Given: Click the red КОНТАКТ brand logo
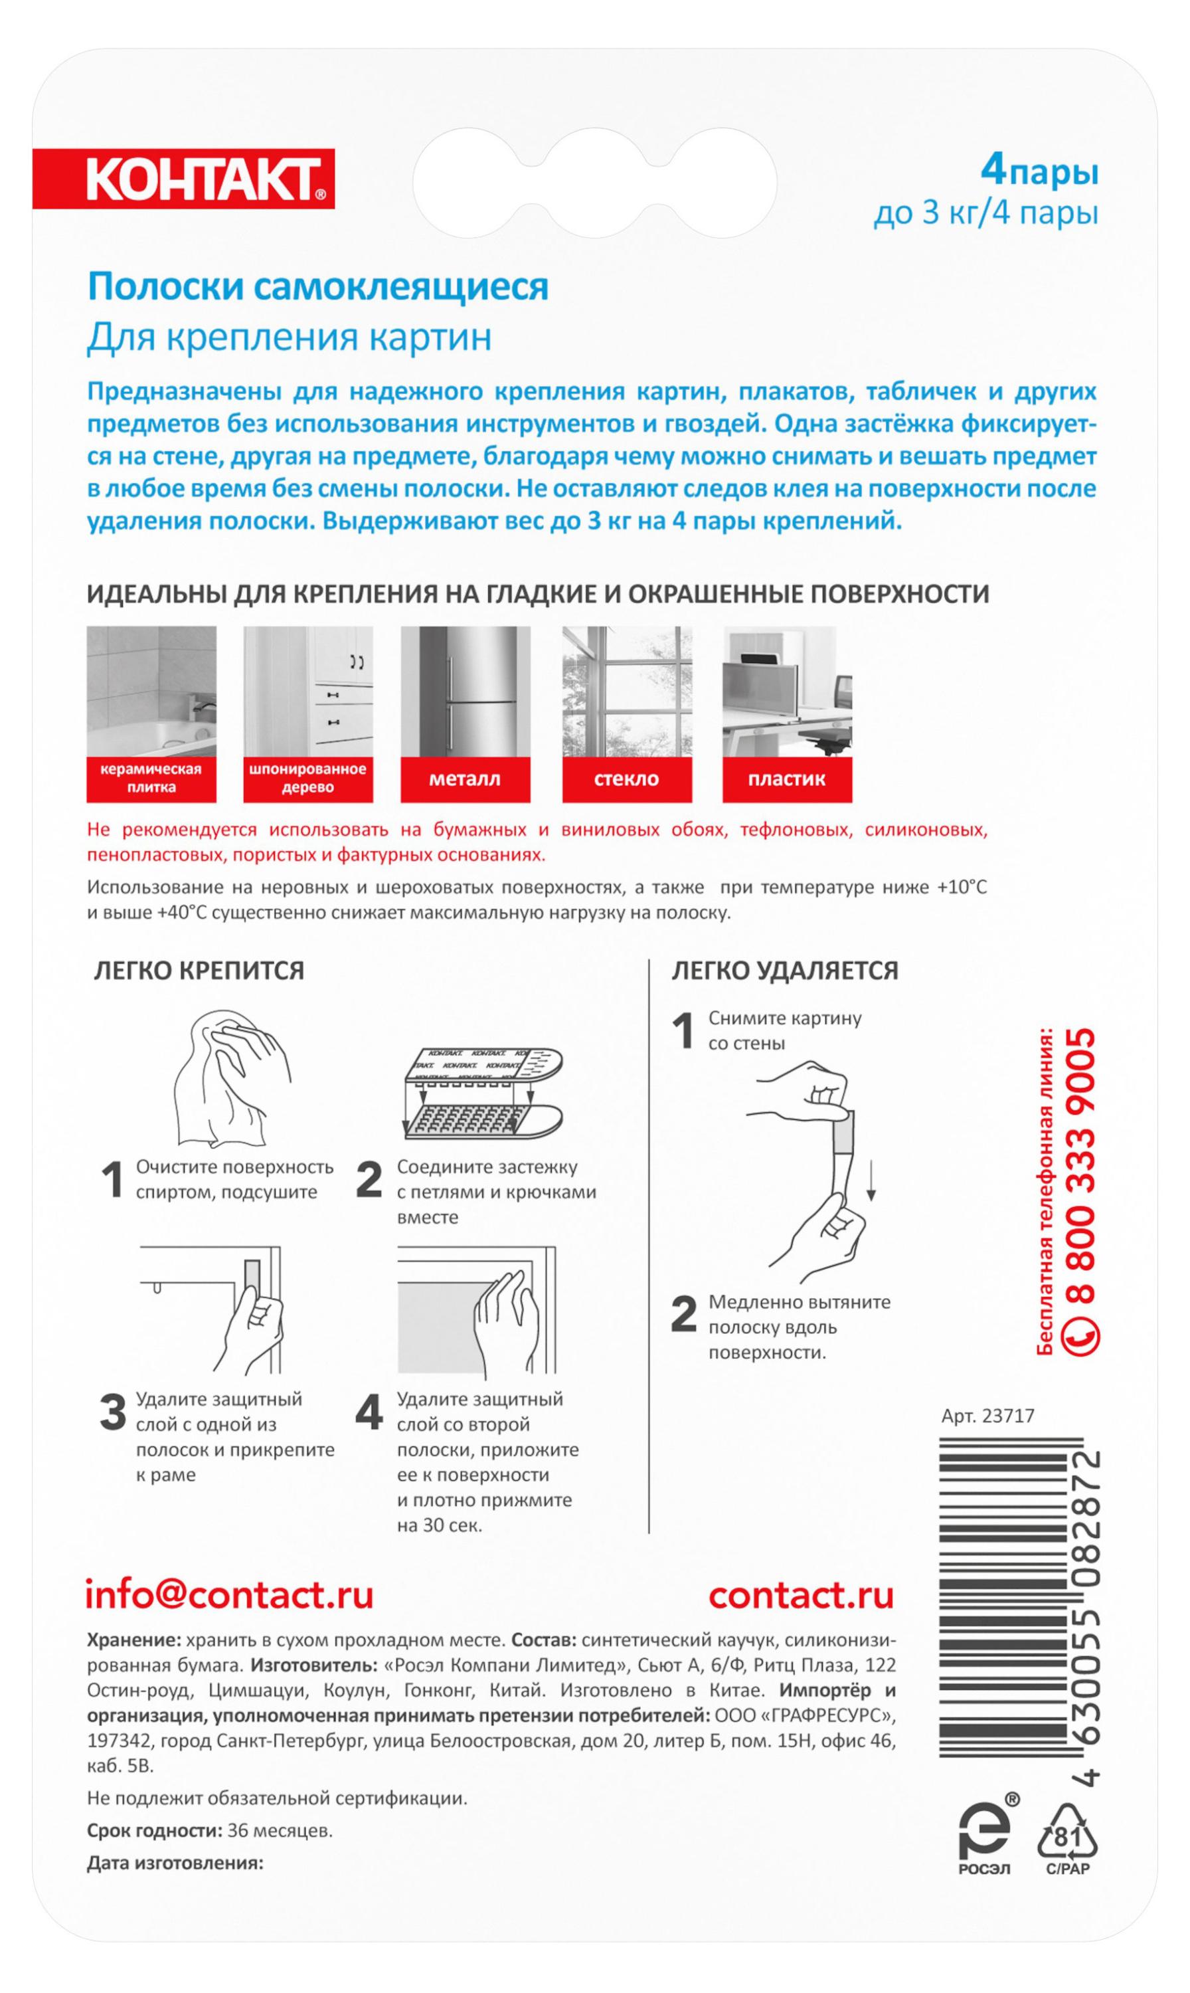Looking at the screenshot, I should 184,179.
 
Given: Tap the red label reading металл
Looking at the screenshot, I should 465,779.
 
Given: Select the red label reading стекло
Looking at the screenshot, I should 626,779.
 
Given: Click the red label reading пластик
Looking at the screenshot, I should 787,779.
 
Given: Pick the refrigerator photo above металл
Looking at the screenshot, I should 465,692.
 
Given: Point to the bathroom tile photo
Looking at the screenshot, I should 151,692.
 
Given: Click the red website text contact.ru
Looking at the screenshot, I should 801,1594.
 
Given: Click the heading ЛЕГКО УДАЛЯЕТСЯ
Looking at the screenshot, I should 784,971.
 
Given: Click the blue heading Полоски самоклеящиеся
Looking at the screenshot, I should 317,286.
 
